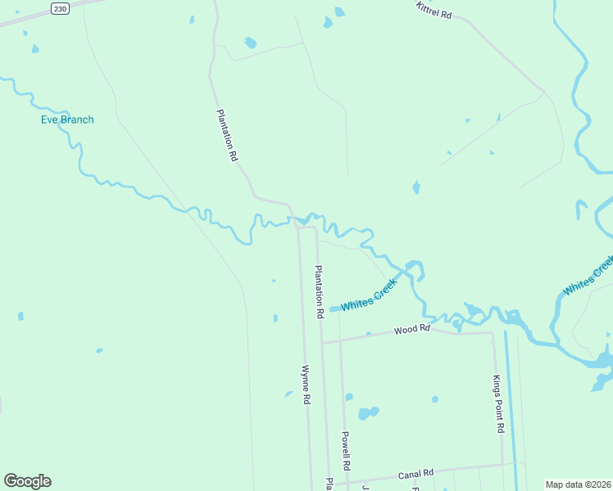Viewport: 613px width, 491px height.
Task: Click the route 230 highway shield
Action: click(60, 8)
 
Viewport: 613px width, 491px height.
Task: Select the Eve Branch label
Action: click(67, 119)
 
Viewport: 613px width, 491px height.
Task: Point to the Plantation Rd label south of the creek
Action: click(319, 291)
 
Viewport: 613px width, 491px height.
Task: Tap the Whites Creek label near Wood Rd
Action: click(369, 295)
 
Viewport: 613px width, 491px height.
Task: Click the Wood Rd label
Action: click(411, 330)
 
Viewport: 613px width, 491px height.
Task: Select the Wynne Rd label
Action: click(306, 384)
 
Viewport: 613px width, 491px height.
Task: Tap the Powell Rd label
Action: click(346, 450)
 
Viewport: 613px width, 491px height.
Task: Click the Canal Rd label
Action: click(415, 474)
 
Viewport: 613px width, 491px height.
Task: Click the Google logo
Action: click(27, 481)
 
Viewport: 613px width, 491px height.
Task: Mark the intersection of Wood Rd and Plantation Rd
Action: click(321, 342)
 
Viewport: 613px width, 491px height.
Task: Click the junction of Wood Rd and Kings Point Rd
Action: click(493, 333)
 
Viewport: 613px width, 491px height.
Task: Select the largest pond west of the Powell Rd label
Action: click(369, 412)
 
